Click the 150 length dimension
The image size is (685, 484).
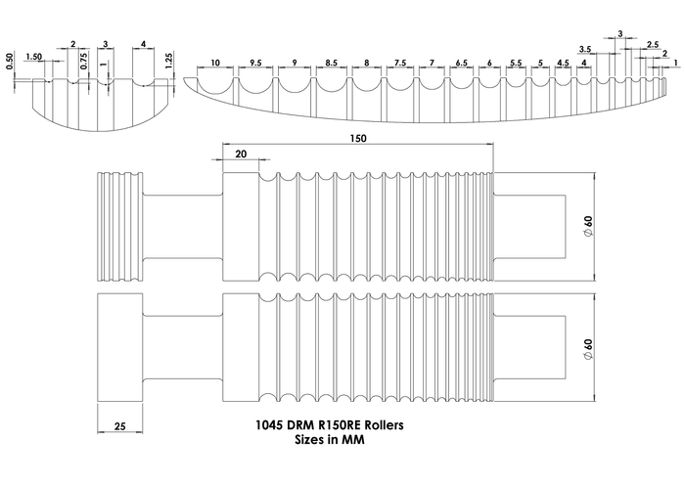[357, 140]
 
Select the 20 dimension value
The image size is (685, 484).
[241, 154]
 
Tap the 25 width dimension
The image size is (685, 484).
[118, 427]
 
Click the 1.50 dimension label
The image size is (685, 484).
[34, 58]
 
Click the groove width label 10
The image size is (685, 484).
[214, 63]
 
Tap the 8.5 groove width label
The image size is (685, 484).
[331, 63]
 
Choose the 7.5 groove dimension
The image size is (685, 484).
[400, 63]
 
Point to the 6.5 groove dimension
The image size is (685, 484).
[461, 63]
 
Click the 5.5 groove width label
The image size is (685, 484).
[516, 63]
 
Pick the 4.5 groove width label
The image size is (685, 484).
[562, 63]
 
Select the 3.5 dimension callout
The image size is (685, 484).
[585, 48]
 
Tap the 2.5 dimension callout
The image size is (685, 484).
[653, 44]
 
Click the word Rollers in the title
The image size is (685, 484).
[377, 425]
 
